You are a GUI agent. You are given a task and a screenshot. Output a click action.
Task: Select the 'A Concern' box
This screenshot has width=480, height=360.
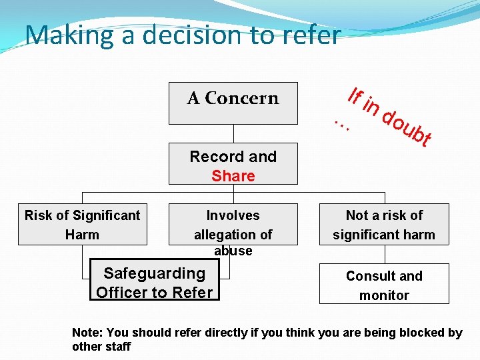pyautogui.click(x=233, y=103)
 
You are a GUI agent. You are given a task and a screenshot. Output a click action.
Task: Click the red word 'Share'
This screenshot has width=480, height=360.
pyautogui.click(x=233, y=176)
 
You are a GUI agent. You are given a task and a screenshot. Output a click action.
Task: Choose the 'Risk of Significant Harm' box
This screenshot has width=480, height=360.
pyautogui.click(x=82, y=225)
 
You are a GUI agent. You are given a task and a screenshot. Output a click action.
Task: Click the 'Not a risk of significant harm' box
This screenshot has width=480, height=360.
pyautogui.click(x=384, y=225)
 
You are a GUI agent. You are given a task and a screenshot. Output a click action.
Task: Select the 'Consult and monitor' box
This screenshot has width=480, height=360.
pyautogui.click(x=384, y=285)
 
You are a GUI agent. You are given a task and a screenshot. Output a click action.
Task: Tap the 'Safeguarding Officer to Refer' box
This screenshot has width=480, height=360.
pyautogui.click(x=154, y=282)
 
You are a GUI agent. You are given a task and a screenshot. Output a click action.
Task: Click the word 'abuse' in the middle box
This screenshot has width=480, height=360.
pyautogui.click(x=233, y=251)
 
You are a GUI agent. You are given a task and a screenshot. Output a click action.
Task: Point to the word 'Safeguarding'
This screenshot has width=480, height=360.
pyautogui.click(x=154, y=273)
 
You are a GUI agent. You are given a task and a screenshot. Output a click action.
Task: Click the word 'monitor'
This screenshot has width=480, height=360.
pyautogui.click(x=384, y=295)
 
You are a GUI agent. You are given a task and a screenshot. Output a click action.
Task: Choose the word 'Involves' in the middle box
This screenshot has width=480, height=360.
pyautogui.click(x=233, y=215)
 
